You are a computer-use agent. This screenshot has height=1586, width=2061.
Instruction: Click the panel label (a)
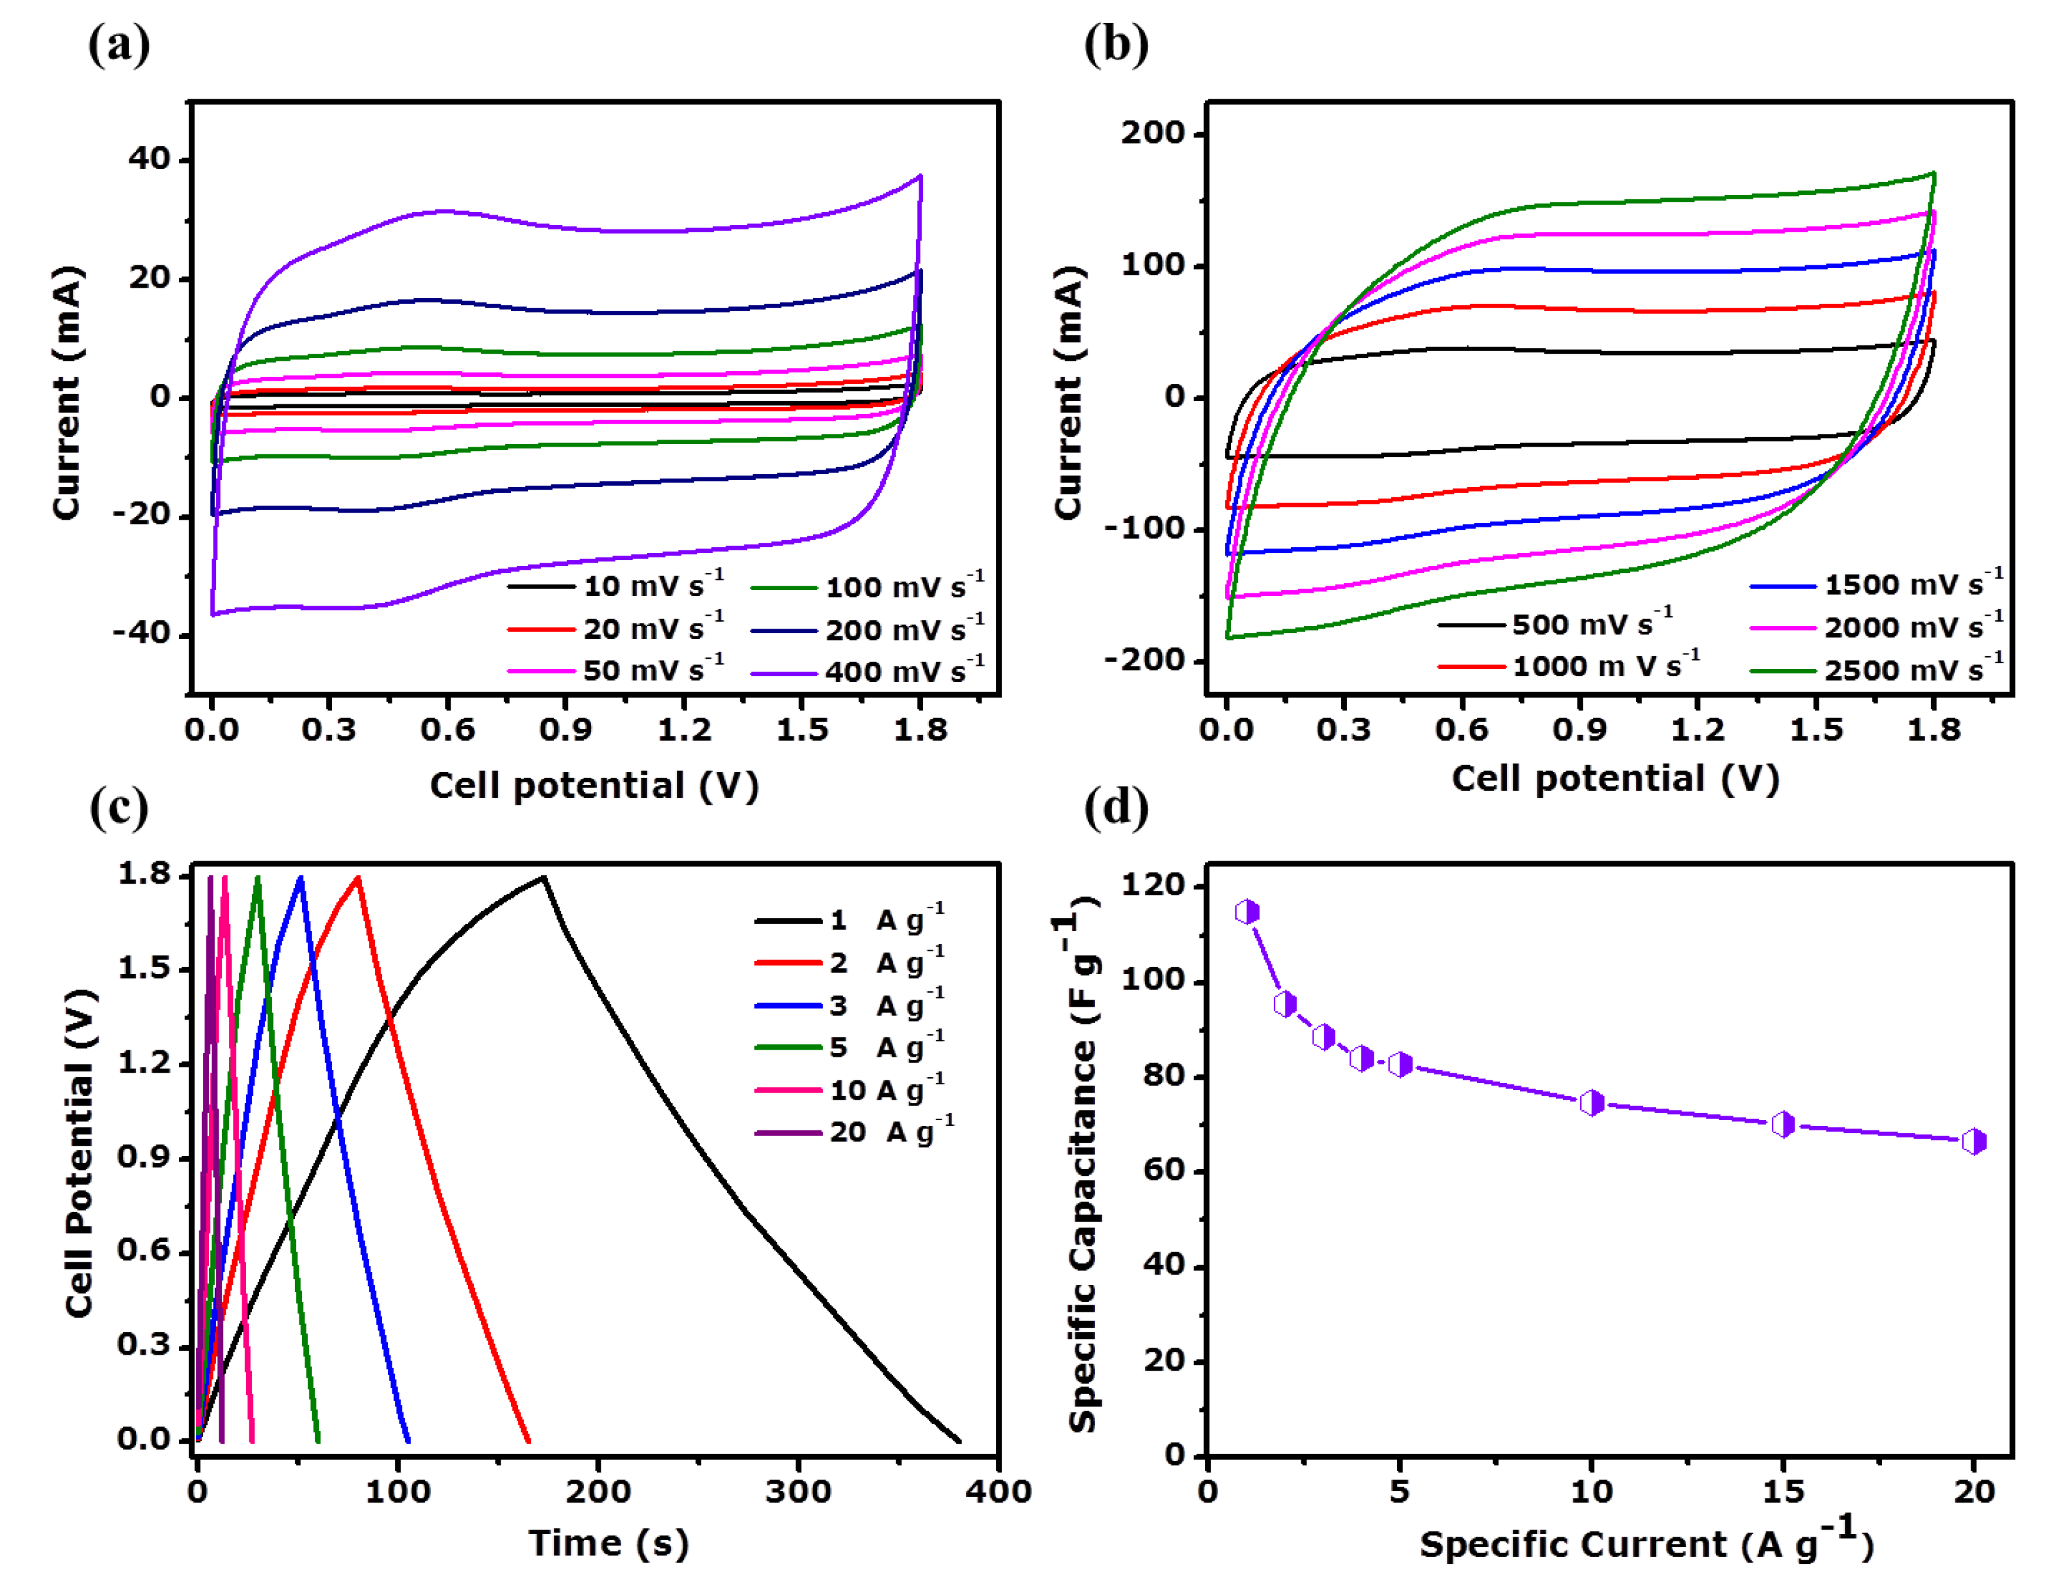[119, 44]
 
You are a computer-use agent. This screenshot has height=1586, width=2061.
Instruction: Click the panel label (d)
[1115, 807]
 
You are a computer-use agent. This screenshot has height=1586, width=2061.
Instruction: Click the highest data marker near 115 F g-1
[1247, 911]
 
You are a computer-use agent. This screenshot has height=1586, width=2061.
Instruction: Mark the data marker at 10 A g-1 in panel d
[1591, 1102]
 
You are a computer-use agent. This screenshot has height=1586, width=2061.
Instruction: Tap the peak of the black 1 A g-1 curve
[544, 877]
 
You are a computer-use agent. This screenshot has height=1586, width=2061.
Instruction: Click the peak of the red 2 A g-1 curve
[358, 877]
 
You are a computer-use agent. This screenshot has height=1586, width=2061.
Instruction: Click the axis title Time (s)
[608, 1542]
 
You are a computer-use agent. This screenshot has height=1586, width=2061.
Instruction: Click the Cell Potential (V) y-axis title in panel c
[81, 1152]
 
